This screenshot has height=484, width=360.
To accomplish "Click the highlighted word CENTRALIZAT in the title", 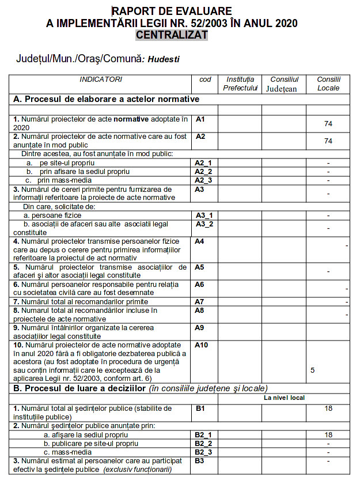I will [x=172, y=35].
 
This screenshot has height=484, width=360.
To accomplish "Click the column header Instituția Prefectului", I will [x=240, y=84].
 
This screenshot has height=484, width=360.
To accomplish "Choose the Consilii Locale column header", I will [x=328, y=84].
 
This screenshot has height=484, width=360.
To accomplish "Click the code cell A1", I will [x=200, y=119].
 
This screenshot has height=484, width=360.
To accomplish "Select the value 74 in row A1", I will [x=328, y=123].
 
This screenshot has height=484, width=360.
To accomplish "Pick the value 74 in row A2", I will [x=328, y=141].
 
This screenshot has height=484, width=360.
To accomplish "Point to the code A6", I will [x=200, y=285].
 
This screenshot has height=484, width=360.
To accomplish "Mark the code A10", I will [x=202, y=345].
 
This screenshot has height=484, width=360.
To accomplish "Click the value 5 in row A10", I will [x=312, y=370].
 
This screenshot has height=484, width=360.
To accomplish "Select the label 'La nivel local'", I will [x=284, y=398].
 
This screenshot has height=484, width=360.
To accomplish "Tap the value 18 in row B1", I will [x=328, y=409].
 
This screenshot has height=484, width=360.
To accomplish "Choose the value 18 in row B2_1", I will [x=328, y=435].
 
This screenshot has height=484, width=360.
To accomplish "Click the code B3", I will [x=200, y=461].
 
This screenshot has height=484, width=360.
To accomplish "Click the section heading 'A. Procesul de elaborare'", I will [x=106, y=99].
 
